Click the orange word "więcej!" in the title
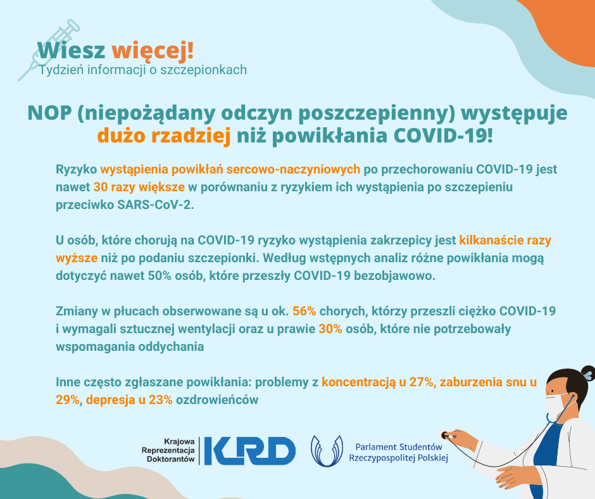point(153,51)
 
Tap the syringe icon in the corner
point(49,50)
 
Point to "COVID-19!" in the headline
point(443,136)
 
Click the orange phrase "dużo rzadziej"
point(164,136)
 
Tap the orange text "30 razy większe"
point(139,187)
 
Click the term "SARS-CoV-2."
point(156,205)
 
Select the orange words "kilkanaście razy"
point(505,241)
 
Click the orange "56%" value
point(304,311)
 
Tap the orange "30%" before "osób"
point(330,329)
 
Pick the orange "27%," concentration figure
point(423,382)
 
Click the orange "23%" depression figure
point(161,400)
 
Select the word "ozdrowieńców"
point(217,400)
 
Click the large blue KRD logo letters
point(249,451)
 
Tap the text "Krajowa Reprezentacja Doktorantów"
point(168,450)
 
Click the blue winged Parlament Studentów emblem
point(327,451)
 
